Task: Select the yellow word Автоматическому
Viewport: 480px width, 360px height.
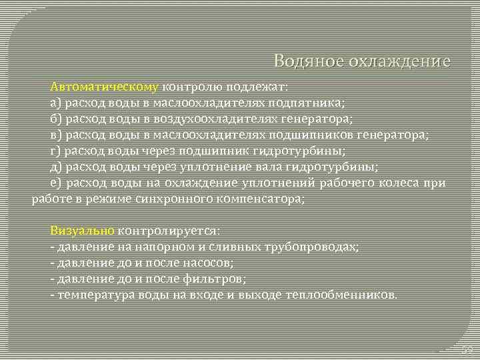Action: (x=104, y=87)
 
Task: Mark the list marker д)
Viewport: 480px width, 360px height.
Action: (x=56, y=167)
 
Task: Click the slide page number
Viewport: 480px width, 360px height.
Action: (x=467, y=349)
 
